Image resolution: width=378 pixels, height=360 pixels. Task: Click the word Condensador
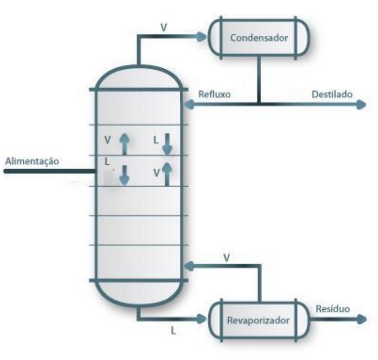(x=259, y=37)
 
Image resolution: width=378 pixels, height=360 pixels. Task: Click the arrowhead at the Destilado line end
(x=362, y=104)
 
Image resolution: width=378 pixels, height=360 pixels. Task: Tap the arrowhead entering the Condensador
(x=204, y=37)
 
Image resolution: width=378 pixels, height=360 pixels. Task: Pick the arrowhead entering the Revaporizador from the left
(x=204, y=319)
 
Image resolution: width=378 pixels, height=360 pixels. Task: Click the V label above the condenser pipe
(x=163, y=27)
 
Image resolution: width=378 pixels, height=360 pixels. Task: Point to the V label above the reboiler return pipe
(x=226, y=257)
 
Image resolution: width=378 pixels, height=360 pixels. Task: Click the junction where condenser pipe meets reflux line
(x=259, y=104)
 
